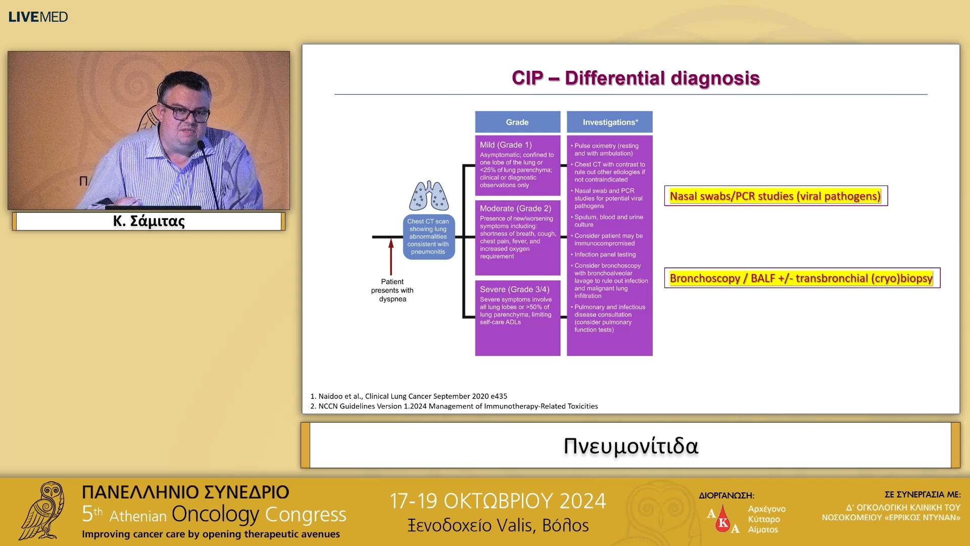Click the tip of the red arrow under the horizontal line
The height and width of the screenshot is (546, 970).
click(391, 239)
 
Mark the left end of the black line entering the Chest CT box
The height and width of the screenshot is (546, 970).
click(372, 237)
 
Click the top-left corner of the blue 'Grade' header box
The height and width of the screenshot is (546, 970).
click(475, 111)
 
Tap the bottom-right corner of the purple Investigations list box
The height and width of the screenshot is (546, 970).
click(652, 355)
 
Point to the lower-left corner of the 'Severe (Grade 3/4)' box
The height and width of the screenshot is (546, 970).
click(475, 355)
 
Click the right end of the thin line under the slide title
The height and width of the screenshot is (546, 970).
click(928, 95)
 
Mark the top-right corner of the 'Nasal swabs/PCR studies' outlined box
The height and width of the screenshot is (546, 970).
click(888, 186)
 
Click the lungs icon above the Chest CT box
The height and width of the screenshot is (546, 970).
click(429, 196)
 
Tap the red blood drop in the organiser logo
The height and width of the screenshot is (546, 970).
click(723, 519)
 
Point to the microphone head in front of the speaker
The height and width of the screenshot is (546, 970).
click(201, 146)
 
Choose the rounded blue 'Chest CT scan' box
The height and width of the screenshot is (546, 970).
click(428, 237)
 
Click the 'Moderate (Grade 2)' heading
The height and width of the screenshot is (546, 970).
click(515, 208)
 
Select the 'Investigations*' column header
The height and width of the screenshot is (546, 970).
click(610, 122)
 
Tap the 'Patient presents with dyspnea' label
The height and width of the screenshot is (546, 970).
click(393, 290)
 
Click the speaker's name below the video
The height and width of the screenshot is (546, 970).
click(149, 221)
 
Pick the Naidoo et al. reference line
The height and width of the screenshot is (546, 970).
click(409, 396)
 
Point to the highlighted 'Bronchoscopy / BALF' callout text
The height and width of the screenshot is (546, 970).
click(801, 278)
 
